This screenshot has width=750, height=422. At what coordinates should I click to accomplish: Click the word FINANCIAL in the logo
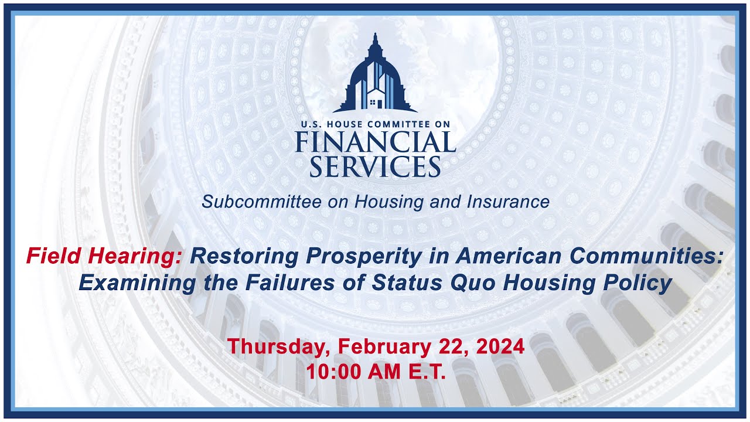[375, 142]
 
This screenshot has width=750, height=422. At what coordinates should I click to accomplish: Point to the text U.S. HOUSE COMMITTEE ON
[375, 124]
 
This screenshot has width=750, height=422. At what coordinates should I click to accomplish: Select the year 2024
[500, 346]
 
